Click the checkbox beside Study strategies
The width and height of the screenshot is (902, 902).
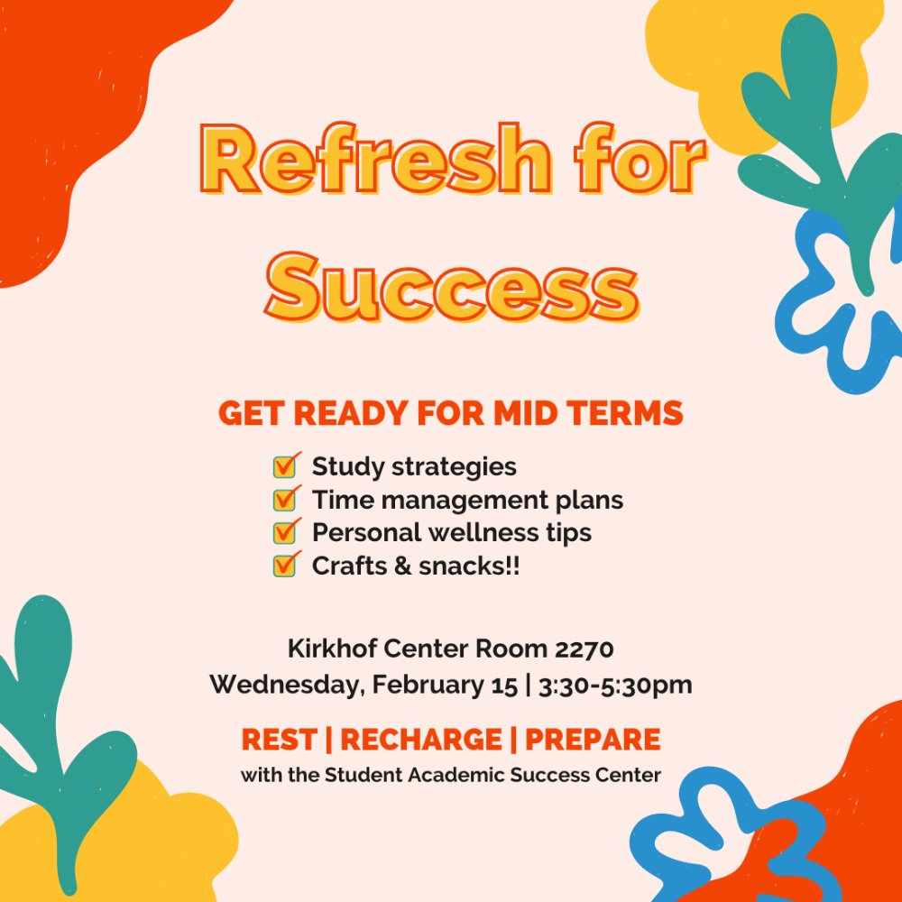pos(286,466)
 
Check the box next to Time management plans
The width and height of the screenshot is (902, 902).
pos(286,499)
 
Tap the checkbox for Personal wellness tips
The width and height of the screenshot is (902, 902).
pos(286,532)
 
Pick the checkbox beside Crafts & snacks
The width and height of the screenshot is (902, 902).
pos(286,566)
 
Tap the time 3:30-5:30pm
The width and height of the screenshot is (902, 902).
pos(615,686)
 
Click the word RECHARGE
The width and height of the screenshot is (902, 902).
pos(420,740)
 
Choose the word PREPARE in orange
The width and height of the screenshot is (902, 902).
pos(593,740)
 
